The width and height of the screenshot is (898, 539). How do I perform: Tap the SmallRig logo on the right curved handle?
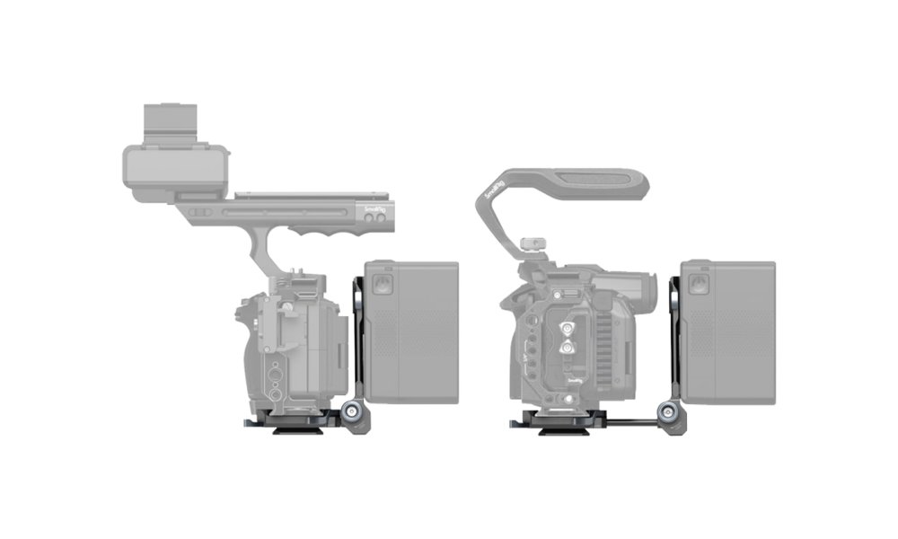point(493,188)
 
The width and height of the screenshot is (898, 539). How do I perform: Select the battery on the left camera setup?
point(411,331)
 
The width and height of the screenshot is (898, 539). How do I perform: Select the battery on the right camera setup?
point(728,331)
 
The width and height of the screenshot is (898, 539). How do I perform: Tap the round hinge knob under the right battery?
point(669,413)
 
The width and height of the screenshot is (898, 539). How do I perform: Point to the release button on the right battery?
point(699,285)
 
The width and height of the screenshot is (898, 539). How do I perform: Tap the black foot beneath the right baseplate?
point(563,430)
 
